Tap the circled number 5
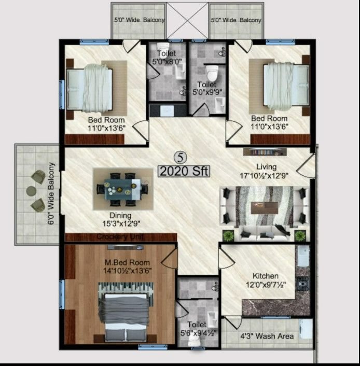[x=179, y=157]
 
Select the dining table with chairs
[x=120, y=189]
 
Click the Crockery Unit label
[x=120, y=237]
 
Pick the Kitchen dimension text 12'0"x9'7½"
[x=266, y=285]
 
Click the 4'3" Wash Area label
[x=267, y=336]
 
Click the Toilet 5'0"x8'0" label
[x=166, y=58]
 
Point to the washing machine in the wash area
[x=306, y=329]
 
